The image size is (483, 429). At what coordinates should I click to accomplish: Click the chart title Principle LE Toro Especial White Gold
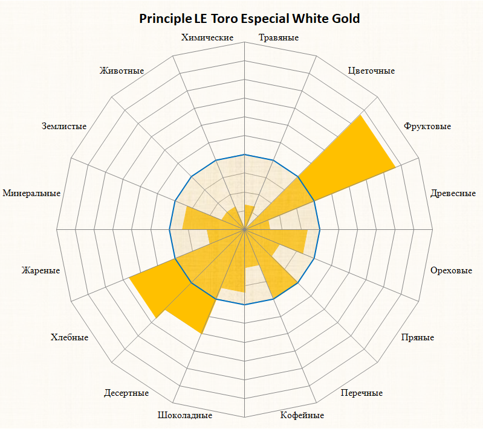point(250,19)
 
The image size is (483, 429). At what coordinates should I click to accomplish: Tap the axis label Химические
point(207,38)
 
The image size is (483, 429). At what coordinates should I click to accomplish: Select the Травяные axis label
point(279,38)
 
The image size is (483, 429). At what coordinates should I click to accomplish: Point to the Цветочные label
point(372,71)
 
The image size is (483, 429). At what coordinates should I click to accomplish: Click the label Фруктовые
point(427,126)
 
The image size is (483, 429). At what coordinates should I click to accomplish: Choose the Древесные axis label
point(453,194)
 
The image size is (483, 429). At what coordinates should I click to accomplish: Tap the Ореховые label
point(451,270)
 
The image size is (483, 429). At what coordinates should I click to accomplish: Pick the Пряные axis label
point(418,337)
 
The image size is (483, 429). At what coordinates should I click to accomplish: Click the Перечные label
point(361,393)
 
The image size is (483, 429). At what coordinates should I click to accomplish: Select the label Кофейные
point(302,415)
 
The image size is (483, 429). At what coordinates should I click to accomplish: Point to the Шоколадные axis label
point(184,415)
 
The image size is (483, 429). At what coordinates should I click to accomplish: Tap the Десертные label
point(126,393)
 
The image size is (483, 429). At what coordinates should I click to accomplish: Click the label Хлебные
point(70,337)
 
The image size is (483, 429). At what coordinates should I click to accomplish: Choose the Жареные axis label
point(41,270)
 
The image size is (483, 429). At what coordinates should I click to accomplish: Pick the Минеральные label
point(31,194)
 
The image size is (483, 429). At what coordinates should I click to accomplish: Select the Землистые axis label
point(64,126)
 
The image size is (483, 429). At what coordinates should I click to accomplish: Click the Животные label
point(122,71)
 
